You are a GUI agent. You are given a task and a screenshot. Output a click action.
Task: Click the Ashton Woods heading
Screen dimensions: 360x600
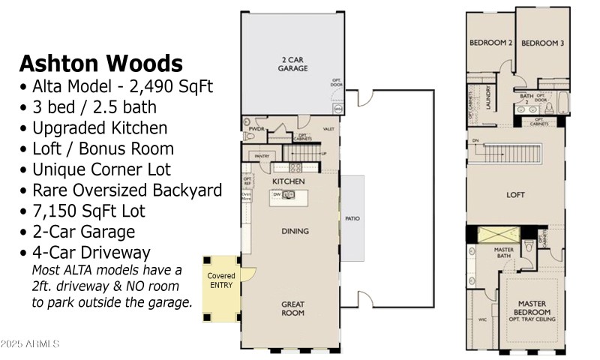[x=100, y=62]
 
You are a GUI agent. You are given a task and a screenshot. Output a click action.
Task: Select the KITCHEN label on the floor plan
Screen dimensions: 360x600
[x=288, y=181]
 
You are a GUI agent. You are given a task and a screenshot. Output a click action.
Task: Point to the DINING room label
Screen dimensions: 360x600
[x=295, y=231]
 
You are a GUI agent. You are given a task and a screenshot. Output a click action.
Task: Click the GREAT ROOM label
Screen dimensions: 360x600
[x=292, y=309]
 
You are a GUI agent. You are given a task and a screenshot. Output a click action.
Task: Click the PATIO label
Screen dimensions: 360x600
[x=352, y=219]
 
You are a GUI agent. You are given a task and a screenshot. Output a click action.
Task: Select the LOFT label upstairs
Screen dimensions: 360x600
[x=515, y=195]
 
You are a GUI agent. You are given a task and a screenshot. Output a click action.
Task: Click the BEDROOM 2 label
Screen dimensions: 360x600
[x=490, y=43]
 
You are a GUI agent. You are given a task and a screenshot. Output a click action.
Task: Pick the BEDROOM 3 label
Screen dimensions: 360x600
[x=542, y=43]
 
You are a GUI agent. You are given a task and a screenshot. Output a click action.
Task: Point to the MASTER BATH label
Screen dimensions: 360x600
[x=503, y=253]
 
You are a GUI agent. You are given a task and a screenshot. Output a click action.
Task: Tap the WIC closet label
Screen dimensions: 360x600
[x=482, y=319]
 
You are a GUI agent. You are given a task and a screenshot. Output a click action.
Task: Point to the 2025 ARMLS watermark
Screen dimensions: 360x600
[x=30, y=344]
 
